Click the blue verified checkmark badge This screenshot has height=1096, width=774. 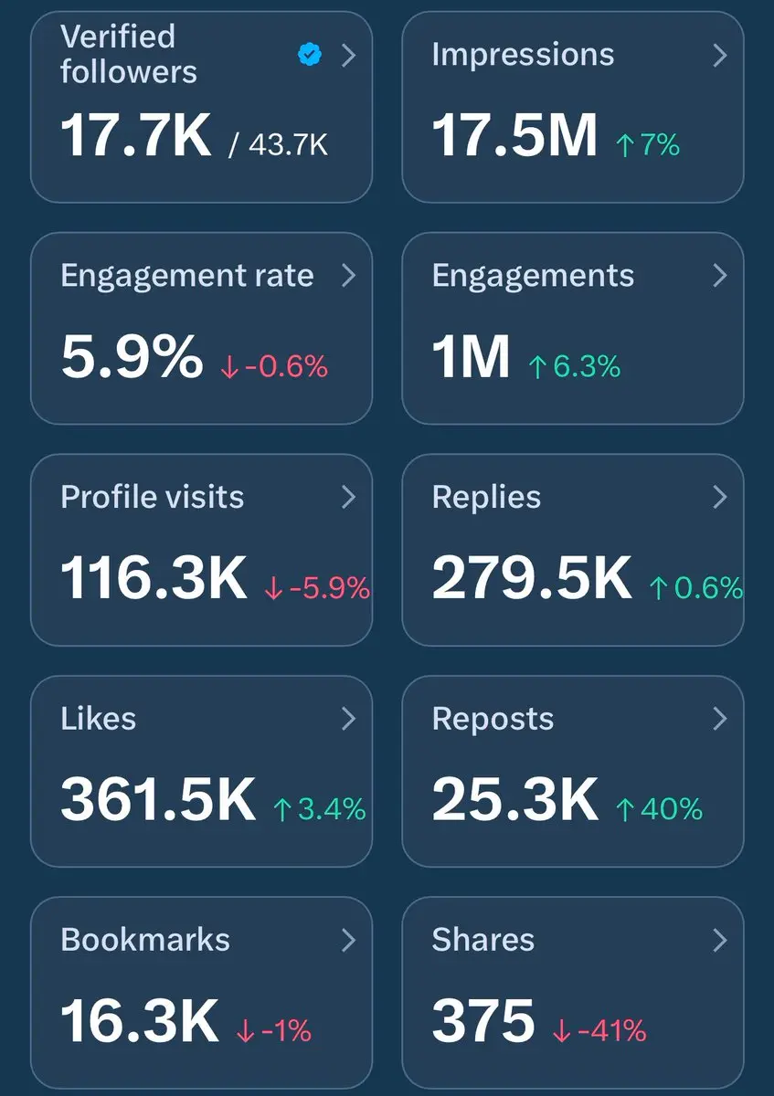coord(310,56)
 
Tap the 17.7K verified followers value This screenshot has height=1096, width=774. coord(136,133)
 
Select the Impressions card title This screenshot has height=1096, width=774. coord(523,54)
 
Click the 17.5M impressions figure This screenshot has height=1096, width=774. coord(514,133)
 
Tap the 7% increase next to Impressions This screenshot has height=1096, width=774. coord(648,143)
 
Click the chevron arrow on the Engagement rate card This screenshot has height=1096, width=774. coord(348,276)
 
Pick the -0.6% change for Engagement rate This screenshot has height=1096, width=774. coord(274,366)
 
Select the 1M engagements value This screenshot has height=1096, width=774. coord(471,355)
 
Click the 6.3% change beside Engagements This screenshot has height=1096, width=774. coord(575,366)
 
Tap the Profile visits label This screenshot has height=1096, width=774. coord(153,497)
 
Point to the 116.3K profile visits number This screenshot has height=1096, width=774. coord(154,577)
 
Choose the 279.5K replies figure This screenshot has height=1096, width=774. coord(532,577)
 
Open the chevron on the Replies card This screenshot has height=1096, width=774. coord(719,497)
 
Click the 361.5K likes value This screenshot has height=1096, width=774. coord(158,799)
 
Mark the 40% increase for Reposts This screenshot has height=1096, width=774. coord(660,808)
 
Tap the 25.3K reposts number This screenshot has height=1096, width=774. coord(514,799)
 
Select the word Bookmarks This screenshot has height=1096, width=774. coord(145,940)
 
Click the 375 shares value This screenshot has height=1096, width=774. coord(483,1020)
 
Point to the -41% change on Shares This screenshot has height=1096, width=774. coord(599,1030)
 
